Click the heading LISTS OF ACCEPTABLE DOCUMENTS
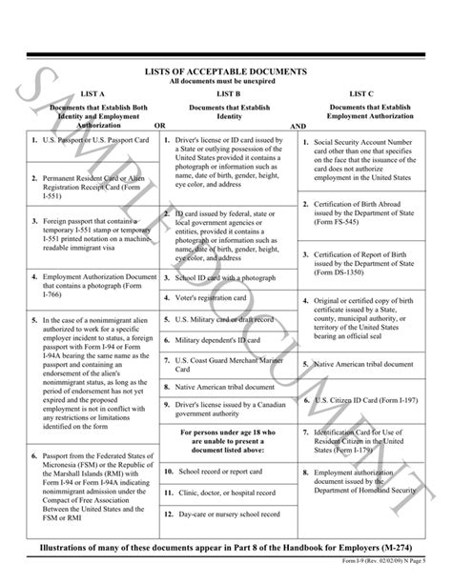click(225, 72)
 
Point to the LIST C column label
click(366, 94)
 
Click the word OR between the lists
click(160, 125)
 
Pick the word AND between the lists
click(298, 125)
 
